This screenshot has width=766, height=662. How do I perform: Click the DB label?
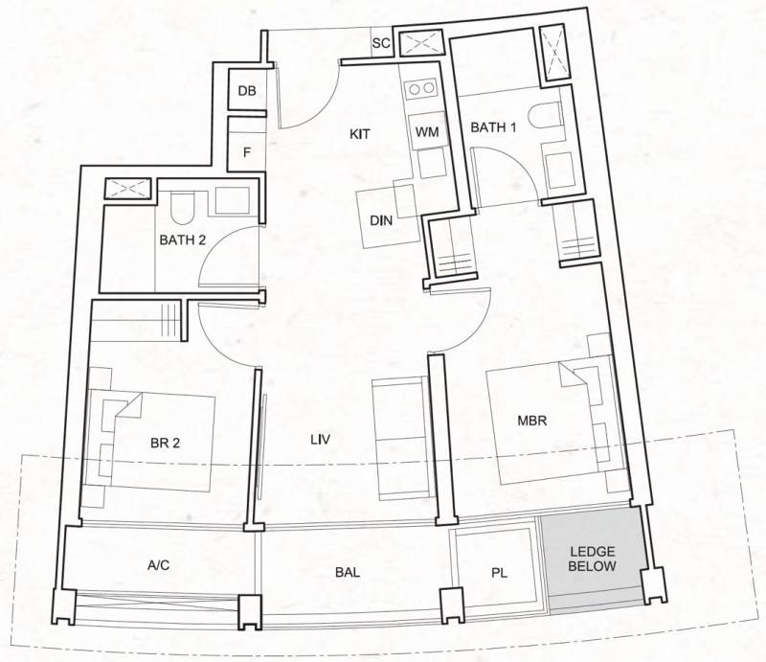[247, 91]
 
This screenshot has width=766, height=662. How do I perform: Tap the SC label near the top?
[381, 43]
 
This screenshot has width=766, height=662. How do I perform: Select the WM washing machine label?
[427, 132]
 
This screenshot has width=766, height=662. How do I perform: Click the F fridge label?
[247, 152]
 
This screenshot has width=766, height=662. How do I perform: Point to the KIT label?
[360, 134]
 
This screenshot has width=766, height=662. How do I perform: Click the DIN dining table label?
[381, 220]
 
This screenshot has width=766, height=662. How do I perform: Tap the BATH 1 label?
[493, 127]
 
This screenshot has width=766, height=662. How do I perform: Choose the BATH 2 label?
[183, 240]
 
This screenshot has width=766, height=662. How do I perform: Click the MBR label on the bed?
[532, 421]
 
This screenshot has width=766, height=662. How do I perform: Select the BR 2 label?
[166, 443]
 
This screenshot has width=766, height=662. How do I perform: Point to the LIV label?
[321, 440]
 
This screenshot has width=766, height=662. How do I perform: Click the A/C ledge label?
[159, 565]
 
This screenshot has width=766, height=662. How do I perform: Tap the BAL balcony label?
[348, 572]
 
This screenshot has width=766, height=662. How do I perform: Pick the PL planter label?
[499, 573]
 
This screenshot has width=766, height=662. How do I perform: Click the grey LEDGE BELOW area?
[592, 559]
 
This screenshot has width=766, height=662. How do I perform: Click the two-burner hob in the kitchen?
[422, 88]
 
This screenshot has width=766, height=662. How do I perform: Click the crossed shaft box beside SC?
[421, 43]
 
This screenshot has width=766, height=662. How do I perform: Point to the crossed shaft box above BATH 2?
[128, 190]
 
